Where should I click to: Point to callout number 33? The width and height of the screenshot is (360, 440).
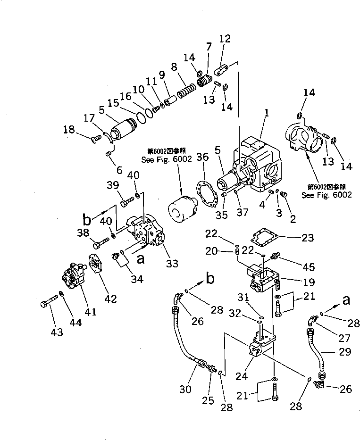[x=172, y=264]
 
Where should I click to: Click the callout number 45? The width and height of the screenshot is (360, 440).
[x=309, y=267]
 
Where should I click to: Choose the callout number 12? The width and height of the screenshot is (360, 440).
[x=225, y=39]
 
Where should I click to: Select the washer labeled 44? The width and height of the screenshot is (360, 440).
[x=62, y=294]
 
